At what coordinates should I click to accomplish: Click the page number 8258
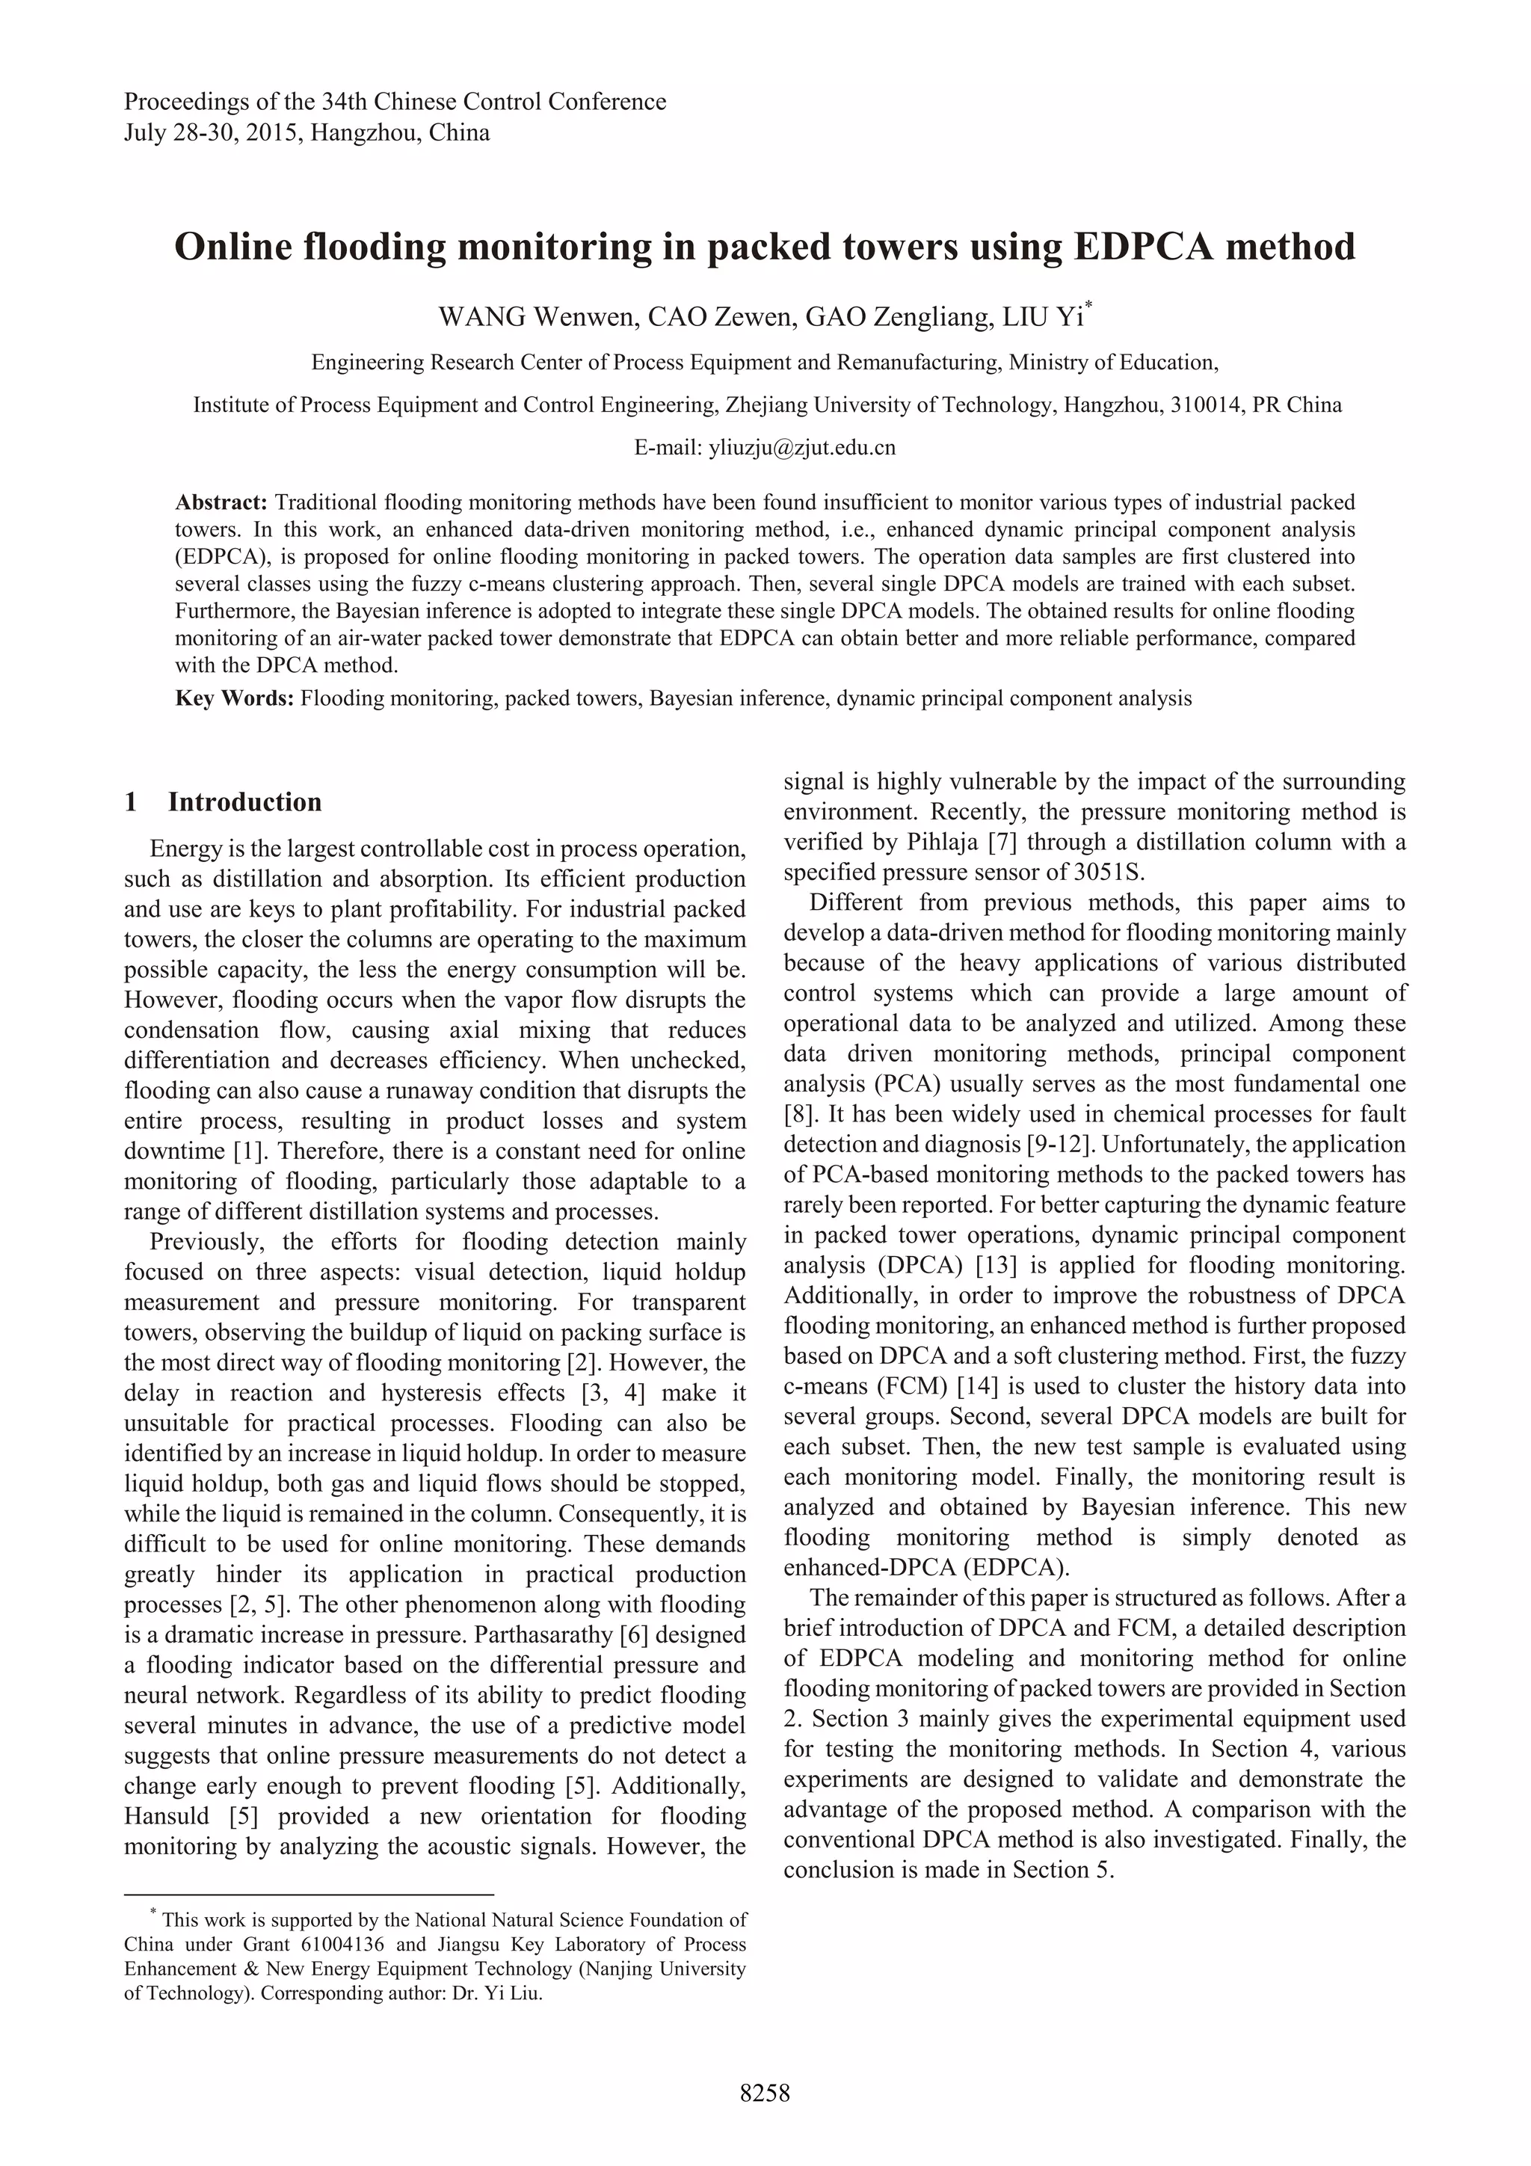pyautogui.click(x=764, y=2093)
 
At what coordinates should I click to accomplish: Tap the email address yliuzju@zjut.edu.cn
pyautogui.click(x=802, y=447)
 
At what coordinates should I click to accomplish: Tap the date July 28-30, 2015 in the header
pyautogui.click(x=209, y=133)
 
